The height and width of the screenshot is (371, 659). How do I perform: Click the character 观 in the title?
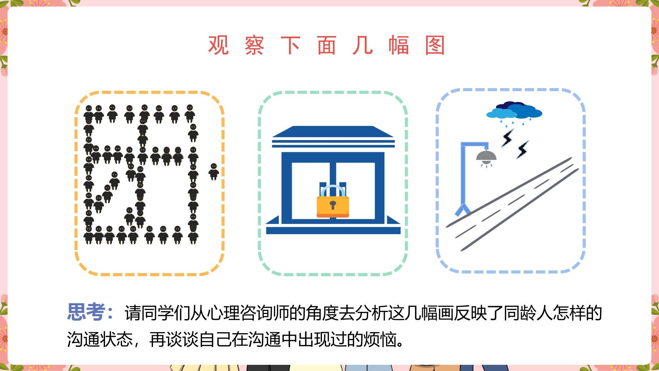(x=218, y=45)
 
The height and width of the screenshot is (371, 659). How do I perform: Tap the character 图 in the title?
(x=435, y=45)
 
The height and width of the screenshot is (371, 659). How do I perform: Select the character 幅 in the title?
(x=398, y=45)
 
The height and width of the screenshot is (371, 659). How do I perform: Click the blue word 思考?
(x=86, y=312)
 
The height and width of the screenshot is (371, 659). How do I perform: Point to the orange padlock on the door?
(x=333, y=206)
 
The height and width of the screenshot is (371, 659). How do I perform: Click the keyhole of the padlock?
(x=333, y=205)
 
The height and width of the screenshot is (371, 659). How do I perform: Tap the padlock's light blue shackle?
(x=333, y=191)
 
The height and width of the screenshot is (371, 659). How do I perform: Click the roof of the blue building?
(x=333, y=136)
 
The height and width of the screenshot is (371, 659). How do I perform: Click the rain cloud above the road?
(x=514, y=111)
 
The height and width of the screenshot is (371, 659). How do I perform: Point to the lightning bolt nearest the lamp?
(x=508, y=138)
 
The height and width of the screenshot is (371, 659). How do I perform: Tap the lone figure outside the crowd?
(x=213, y=171)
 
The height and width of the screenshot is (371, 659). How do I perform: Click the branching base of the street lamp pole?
(x=463, y=209)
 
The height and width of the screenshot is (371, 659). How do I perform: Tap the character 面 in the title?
(x=326, y=45)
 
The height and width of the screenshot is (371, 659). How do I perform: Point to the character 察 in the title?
(x=254, y=45)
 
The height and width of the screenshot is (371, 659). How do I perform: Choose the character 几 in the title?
(x=362, y=45)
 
